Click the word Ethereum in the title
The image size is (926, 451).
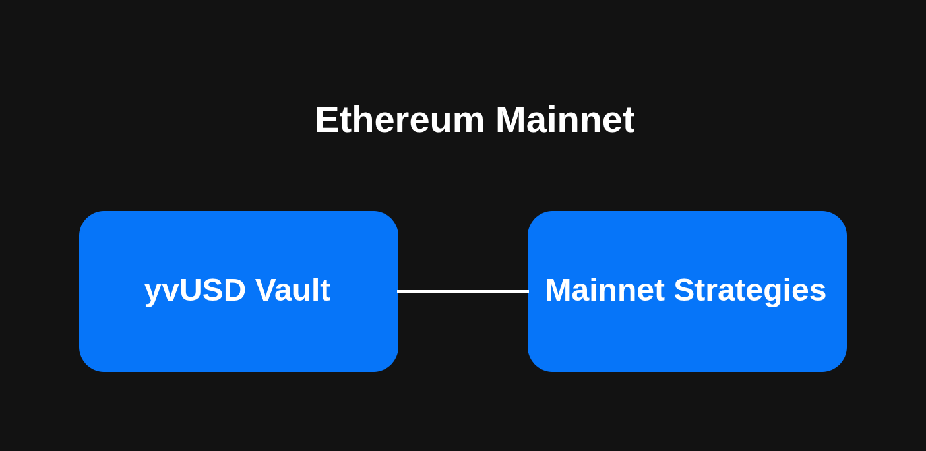tap(400, 120)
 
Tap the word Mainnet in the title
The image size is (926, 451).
tap(565, 120)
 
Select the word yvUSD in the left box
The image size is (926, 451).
tap(195, 290)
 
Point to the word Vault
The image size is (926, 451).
tap(293, 290)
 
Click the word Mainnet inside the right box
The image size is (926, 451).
tap(605, 290)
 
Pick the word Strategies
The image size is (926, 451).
tap(750, 290)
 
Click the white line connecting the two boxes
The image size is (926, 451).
tap(463, 291)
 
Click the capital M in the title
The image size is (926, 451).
tap(512, 120)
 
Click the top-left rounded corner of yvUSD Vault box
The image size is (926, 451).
tap(86, 218)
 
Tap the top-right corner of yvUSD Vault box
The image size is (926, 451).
tap(391, 218)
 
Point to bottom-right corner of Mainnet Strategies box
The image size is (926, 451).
tap(840, 365)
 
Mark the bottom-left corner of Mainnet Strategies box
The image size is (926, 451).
tap(535, 365)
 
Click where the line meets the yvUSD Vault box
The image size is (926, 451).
tap(398, 291)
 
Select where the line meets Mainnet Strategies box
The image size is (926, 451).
tap(528, 291)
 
